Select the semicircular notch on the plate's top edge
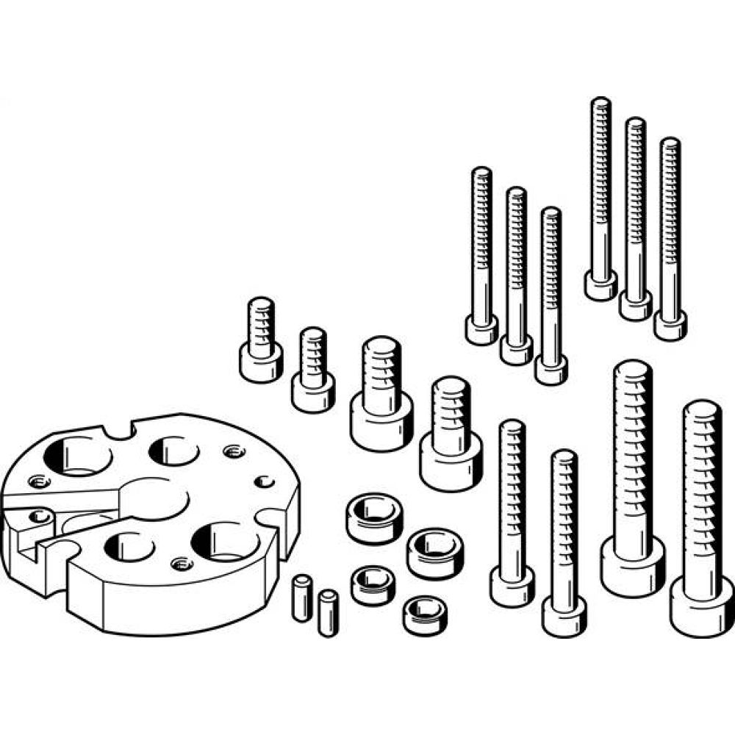tap(119, 429)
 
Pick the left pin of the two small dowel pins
tap(301, 598)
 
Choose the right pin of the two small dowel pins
tap(328, 612)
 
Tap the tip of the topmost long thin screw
tap(601, 104)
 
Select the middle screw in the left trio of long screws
tap(516, 272)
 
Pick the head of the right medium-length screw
tap(564, 616)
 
